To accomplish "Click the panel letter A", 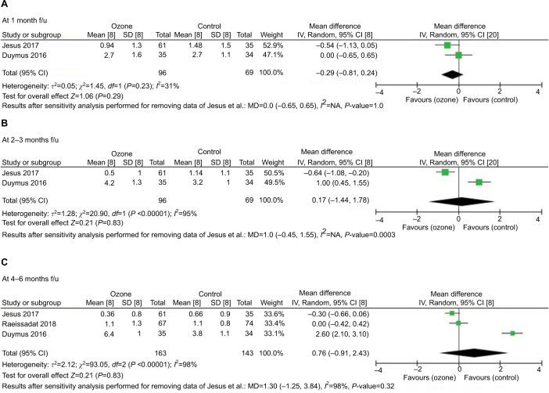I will point(5,5).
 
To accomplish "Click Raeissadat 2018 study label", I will point(27,321).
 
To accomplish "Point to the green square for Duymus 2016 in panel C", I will point(511,333).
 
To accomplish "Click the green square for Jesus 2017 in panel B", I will point(445,171).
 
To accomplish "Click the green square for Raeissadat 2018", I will point(458,322).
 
